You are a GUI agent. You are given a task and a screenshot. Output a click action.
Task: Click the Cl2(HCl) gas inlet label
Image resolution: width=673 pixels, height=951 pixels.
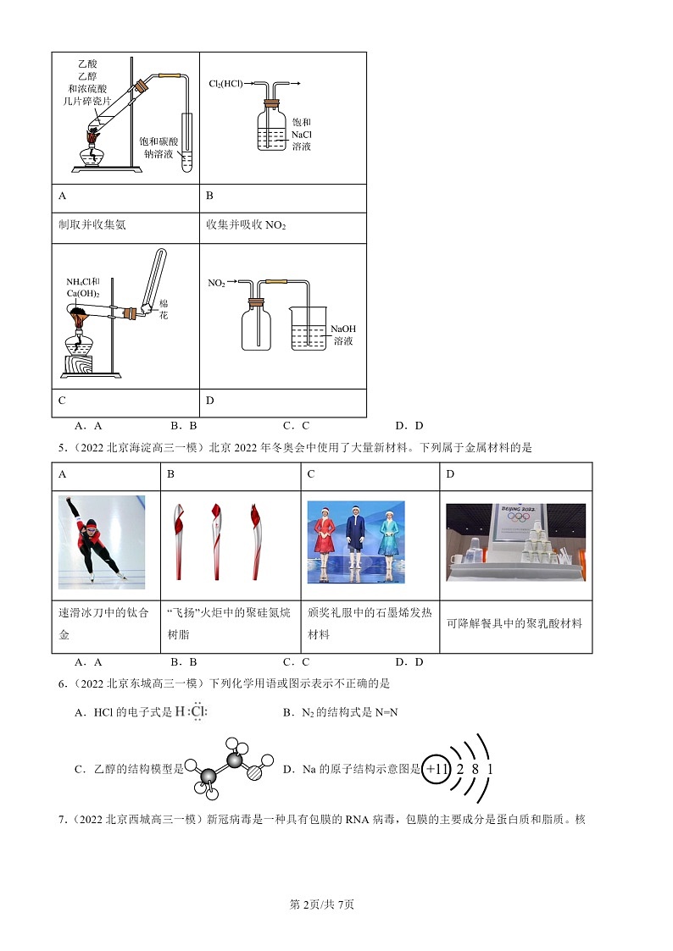point(225,84)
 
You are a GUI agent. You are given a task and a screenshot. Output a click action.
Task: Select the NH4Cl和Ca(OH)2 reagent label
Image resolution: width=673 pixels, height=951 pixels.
point(83,287)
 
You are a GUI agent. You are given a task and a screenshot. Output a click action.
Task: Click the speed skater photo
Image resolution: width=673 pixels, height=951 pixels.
point(102,542)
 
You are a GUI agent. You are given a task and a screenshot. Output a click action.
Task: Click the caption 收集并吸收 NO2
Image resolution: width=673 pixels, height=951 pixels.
point(246,225)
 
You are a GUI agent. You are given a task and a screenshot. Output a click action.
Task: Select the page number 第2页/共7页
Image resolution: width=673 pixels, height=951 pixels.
point(321,904)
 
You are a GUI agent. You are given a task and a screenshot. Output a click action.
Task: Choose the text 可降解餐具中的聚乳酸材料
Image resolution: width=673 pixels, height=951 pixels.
point(514,623)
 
